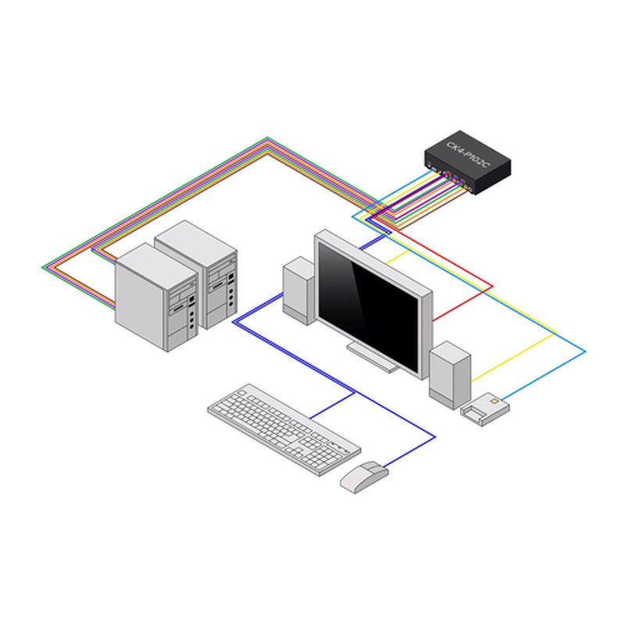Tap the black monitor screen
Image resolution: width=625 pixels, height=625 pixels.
(x=372, y=302)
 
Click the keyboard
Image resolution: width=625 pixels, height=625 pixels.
(x=284, y=428)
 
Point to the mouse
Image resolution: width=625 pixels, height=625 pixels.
(x=363, y=475)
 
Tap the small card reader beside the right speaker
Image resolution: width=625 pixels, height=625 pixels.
(x=484, y=408)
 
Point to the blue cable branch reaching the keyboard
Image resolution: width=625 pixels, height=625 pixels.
(x=332, y=405)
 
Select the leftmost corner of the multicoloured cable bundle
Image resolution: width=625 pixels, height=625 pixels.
(x=45, y=267)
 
